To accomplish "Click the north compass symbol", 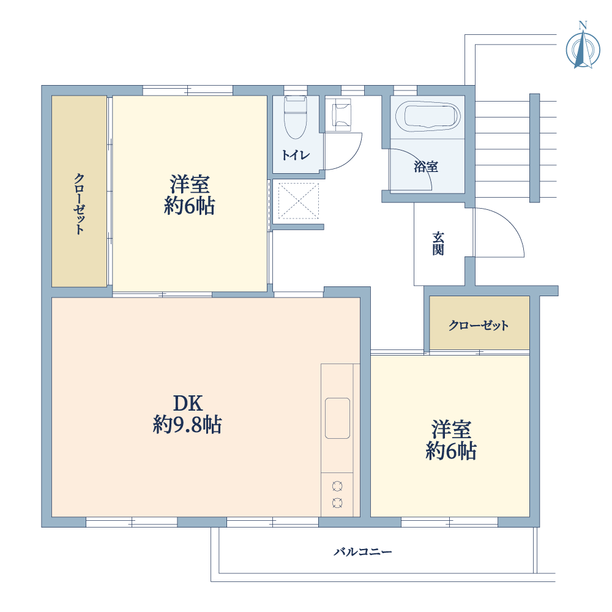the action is pyautogui.click(x=583, y=47).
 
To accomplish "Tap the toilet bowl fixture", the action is pyautogui.click(x=296, y=117).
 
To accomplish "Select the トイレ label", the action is pyautogui.click(x=296, y=155).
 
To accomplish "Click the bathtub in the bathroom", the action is pyautogui.click(x=428, y=116).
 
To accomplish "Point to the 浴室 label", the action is pyautogui.click(x=426, y=166).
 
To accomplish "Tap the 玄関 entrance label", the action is pyautogui.click(x=438, y=244).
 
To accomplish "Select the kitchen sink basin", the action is pyautogui.click(x=337, y=418).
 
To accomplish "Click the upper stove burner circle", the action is pyautogui.click(x=337, y=487).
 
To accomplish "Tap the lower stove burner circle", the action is pyautogui.click(x=337, y=503).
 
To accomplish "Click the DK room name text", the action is pyautogui.click(x=188, y=403).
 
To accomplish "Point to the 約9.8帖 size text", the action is pyautogui.click(x=187, y=424).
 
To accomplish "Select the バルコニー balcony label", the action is pyautogui.click(x=362, y=551).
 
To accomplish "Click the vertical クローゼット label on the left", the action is pyautogui.click(x=79, y=204).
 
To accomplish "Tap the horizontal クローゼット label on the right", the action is pyautogui.click(x=479, y=325).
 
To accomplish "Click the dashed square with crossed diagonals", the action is pyautogui.click(x=298, y=201).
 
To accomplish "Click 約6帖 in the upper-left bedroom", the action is pyautogui.click(x=189, y=206).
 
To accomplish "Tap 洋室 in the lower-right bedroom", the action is pyautogui.click(x=451, y=430).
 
